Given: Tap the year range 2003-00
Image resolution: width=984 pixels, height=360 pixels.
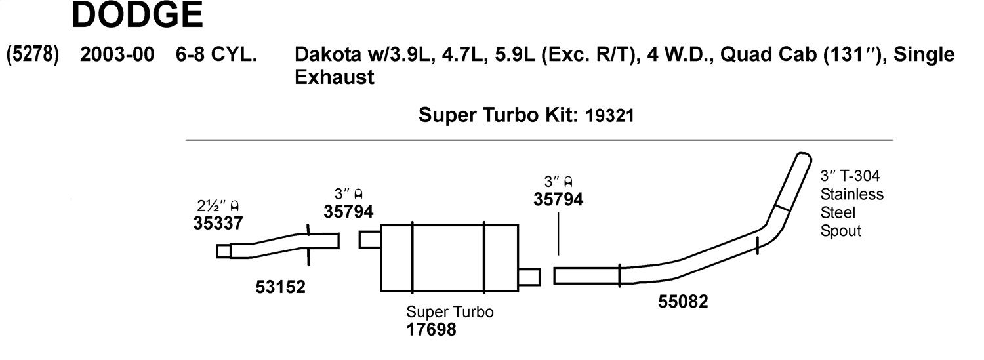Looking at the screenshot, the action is pos(117,54).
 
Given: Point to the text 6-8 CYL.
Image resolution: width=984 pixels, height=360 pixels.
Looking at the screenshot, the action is pos(216,54).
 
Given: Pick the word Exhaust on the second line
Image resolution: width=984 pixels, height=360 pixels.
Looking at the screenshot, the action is pos(335,77).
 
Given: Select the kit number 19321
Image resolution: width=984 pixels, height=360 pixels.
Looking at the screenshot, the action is pos(609,116).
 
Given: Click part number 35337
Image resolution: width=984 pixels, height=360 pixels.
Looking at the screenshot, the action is pos(218,223).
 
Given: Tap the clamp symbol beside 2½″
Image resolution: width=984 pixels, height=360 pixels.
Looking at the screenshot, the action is pos(235,206).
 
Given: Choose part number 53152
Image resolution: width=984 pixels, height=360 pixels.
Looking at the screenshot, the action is pos(280,287).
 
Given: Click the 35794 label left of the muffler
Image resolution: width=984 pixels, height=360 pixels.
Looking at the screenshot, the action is pos(348,212).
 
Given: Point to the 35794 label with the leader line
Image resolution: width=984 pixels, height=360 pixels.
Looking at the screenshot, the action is pos(558,199).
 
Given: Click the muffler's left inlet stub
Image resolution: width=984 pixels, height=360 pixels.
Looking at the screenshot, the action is pos(370,240).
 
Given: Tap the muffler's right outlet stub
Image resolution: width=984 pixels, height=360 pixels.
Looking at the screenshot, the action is pos(529,277).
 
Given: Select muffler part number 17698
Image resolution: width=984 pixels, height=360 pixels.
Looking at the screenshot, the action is pos(432,329).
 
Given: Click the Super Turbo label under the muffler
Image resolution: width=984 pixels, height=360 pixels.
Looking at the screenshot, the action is pos(450,311).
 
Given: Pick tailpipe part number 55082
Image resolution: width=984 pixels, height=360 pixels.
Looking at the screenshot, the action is pos(683,302).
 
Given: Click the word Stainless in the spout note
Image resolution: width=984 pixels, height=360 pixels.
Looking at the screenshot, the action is pos(851,194).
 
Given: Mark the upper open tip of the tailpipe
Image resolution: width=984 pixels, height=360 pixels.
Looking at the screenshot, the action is pos(804,156).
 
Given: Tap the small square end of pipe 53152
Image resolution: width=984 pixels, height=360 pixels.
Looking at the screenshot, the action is pos(224,251).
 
